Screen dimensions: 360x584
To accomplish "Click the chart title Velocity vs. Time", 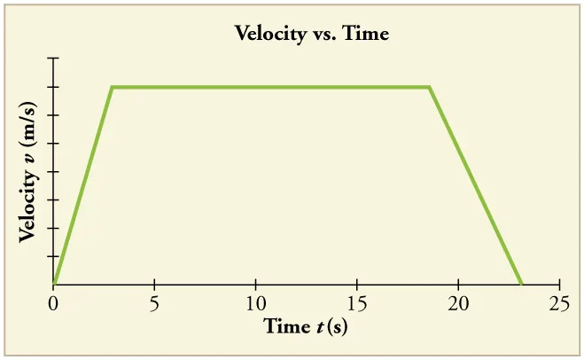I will pyautogui.click(x=311, y=35).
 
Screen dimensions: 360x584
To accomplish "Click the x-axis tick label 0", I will pyautogui.click(x=53, y=303).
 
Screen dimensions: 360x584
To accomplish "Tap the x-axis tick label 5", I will pyautogui.click(x=154, y=303).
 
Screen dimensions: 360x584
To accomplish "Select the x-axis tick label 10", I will pyautogui.click(x=255, y=303).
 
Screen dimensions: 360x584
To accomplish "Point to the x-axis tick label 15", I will pyautogui.click(x=356, y=303).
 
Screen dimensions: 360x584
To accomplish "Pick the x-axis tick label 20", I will pyautogui.click(x=457, y=303).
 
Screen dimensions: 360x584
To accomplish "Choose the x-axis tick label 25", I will pyautogui.click(x=558, y=303).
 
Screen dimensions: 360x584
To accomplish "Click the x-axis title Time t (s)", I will pyautogui.click(x=305, y=326).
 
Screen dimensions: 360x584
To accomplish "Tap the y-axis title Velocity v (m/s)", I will pyautogui.click(x=27, y=171).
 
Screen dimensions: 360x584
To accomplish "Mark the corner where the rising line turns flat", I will pyautogui.click(x=112, y=87).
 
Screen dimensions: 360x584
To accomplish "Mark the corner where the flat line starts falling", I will pyautogui.click(x=430, y=87).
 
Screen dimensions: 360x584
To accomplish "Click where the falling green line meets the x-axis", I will pyautogui.click(x=521, y=285).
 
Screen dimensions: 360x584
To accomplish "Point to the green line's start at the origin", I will pyautogui.click(x=54, y=285).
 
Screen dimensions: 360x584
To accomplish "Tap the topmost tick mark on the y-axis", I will pyautogui.click(x=54, y=59).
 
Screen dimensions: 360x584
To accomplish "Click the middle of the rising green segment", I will pyautogui.click(x=82, y=186).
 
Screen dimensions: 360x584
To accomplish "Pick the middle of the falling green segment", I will pyautogui.click(x=476, y=186).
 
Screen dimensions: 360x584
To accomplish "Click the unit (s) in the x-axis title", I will pyautogui.click(x=337, y=326).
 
